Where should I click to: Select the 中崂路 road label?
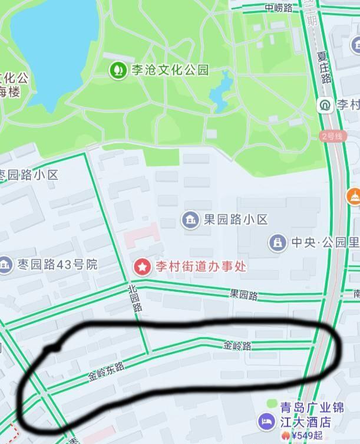point(278,8)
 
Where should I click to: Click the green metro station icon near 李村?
point(325,105)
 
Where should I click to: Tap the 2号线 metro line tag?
point(332,136)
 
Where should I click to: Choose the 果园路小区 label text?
point(236,220)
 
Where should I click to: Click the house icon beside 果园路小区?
point(190,220)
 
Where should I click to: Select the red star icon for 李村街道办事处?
point(142,266)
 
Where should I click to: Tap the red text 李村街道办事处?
point(200,266)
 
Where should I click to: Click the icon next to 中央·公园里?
point(278,242)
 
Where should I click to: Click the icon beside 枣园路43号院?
point(5,264)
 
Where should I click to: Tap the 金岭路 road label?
point(237,346)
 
